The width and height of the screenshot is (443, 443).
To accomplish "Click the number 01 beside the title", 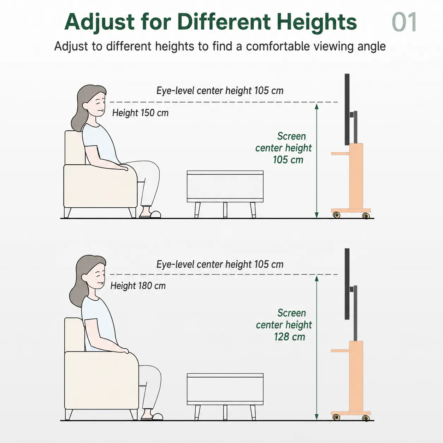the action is point(404,22).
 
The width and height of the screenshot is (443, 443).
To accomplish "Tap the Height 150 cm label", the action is point(140,113).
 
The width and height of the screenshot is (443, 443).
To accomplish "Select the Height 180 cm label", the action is point(138,286).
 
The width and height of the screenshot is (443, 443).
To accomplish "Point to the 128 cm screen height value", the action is point(289,337).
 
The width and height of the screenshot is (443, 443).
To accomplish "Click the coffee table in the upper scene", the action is point(225,194).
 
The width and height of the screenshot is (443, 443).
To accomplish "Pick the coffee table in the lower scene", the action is point(225,397).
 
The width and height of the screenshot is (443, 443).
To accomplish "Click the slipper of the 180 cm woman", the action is point(152,417).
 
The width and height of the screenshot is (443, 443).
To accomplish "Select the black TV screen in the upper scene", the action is point(347,110).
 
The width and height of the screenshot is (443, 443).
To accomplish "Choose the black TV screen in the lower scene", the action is point(347,284).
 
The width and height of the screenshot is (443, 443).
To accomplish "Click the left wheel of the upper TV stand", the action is point(336,215).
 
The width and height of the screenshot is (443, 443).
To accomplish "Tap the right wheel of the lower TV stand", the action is point(366,418).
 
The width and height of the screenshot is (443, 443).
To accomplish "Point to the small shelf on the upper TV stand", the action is point(340,153).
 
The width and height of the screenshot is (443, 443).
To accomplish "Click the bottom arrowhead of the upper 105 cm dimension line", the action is point(317,215).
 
